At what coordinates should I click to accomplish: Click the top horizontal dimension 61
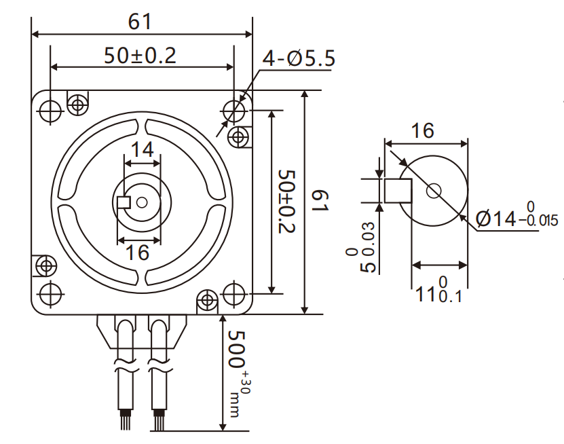tap(140, 22)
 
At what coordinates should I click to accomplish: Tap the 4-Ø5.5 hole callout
tap(299, 58)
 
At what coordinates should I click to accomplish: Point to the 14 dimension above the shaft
tap(142, 149)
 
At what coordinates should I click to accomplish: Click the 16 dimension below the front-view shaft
tap(138, 253)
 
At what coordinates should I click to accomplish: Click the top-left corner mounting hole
tap(50, 109)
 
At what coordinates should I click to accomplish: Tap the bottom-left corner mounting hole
tap(50, 294)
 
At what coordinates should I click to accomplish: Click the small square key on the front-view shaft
tap(124, 202)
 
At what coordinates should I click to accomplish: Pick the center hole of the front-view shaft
tap(142, 202)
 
